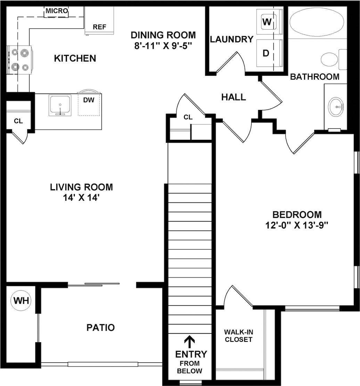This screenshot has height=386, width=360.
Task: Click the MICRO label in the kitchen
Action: pyautogui.click(x=57, y=11)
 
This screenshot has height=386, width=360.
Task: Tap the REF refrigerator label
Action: pyautogui.click(x=99, y=27)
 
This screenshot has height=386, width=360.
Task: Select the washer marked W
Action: pyautogui.click(x=267, y=22)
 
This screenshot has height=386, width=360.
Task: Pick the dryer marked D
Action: pyautogui.click(x=266, y=53)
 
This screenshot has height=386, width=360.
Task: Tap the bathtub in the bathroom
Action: pyautogui.click(x=316, y=22)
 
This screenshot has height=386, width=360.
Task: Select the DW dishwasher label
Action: pyautogui.click(x=89, y=100)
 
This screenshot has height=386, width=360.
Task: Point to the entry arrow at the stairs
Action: pyautogui.click(x=190, y=341)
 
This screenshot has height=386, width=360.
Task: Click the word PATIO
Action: pyautogui.click(x=100, y=328)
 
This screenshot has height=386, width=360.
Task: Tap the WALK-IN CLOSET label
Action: pyautogui.click(x=238, y=336)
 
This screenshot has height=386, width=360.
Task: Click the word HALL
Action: pyautogui.click(x=234, y=97)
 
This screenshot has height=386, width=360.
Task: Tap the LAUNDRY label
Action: pyautogui.click(x=231, y=39)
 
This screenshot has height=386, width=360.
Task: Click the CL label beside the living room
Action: pyautogui.click(x=18, y=121)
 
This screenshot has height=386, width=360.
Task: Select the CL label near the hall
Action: pyautogui.click(x=188, y=117)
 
